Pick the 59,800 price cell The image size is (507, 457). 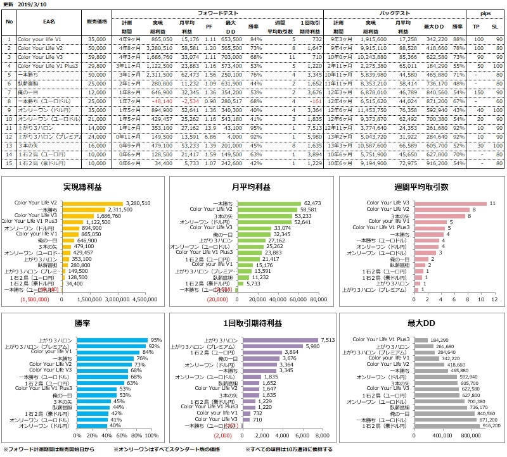coord(97,56)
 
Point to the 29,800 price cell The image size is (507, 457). coord(97,65)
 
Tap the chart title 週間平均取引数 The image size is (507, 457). coord(421,187)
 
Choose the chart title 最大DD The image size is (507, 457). coord(421,323)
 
